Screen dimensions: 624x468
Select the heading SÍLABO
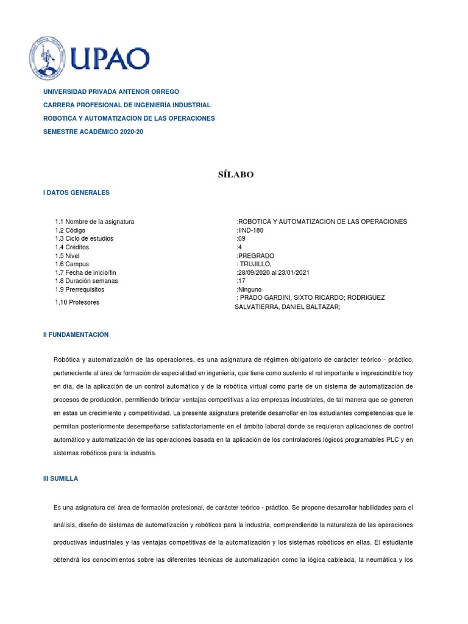[235, 175]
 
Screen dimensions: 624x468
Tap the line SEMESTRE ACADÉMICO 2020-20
[93, 132]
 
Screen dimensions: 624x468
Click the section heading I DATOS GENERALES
[76, 193]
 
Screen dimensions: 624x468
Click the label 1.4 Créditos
[72, 247]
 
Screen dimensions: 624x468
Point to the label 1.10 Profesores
[77, 302]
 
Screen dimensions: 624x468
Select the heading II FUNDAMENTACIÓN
[76, 335]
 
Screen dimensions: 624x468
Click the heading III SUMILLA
[60, 479]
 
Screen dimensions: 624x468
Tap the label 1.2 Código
[70, 230]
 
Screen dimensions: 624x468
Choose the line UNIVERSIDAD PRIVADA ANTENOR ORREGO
[111, 91]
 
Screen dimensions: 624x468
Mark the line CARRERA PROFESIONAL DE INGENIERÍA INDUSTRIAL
[127, 105]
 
